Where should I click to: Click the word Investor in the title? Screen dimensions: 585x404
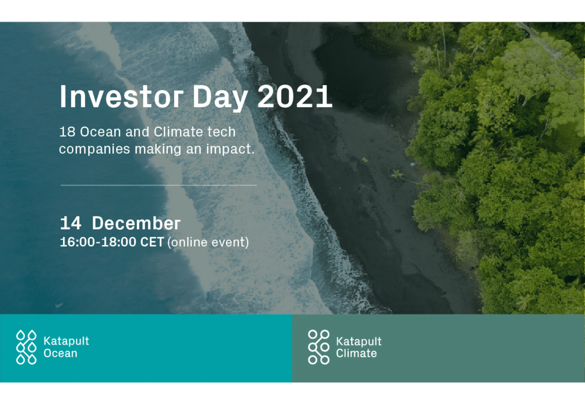(x=121, y=96)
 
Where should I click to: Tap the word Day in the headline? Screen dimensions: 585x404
(x=220, y=98)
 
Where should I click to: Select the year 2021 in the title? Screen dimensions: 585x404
(x=295, y=96)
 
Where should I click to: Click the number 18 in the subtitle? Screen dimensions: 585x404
(x=67, y=132)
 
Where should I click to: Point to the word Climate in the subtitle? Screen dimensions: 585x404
(x=178, y=132)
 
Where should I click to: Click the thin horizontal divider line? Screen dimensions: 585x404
(x=159, y=185)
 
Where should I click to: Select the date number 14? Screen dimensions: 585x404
(x=71, y=223)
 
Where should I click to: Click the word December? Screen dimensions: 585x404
(x=136, y=223)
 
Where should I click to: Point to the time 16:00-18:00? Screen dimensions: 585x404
(x=98, y=242)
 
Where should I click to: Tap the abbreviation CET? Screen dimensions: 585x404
(x=152, y=242)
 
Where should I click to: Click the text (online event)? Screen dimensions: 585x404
(x=208, y=242)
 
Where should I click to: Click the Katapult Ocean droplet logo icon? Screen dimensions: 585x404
(x=26, y=347)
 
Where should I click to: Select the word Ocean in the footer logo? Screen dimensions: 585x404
(x=60, y=353)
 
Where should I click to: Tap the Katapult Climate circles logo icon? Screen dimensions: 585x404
(x=319, y=347)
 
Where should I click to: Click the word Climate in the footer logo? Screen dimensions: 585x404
(x=356, y=353)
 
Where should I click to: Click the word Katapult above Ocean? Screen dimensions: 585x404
(x=66, y=341)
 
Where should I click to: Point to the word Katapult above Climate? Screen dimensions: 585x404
(x=359, y=341)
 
